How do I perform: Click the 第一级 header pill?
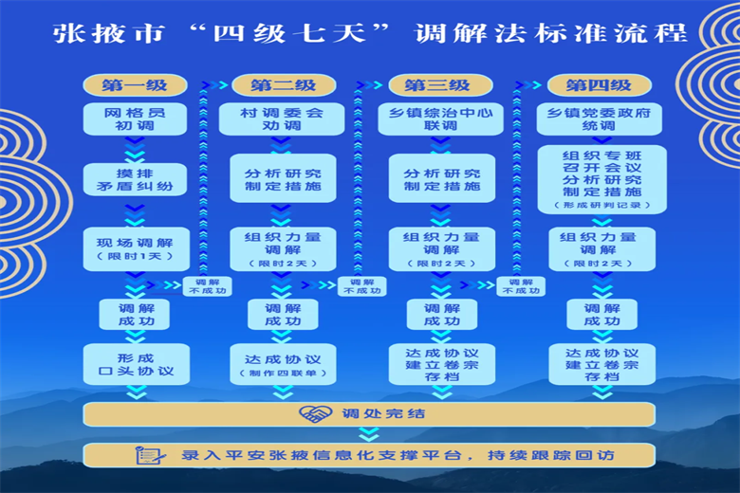[135, 85]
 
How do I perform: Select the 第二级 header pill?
[283, 85]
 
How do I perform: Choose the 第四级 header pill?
[599, 85]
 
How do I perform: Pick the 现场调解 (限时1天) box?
[135, 249]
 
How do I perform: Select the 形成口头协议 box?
[135, 364]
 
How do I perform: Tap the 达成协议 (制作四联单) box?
[283, 364]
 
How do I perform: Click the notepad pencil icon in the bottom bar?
[150, 455]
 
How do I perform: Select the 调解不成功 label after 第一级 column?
[206, 286]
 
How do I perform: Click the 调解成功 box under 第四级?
[601, 315]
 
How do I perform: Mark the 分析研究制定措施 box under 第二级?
[283, 179]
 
